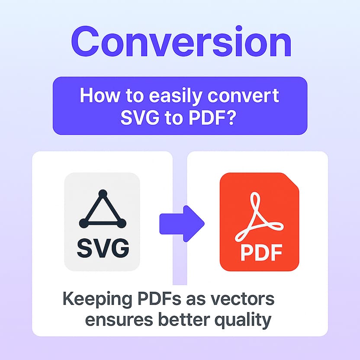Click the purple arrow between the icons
click(181, 223)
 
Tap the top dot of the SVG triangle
click(103, 193)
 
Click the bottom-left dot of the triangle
click(83, 223)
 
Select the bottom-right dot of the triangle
click(122, 223)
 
